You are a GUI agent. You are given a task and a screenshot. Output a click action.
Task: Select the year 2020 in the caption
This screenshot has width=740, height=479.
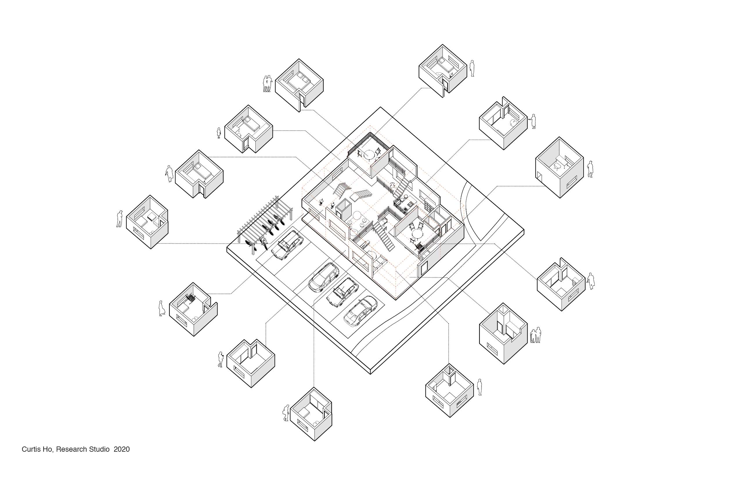coord(122,449)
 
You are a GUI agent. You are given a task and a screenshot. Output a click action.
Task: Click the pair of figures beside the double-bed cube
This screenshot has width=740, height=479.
coord(268,84)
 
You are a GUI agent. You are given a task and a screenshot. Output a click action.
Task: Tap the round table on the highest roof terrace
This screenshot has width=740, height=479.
coord(370,154)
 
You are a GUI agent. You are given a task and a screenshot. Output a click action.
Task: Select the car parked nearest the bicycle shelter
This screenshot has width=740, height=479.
coord(287,245)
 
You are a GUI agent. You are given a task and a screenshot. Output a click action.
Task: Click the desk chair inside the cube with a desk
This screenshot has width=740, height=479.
coord(557,166)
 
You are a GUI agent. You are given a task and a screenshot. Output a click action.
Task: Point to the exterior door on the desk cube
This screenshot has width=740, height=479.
coord(540,179)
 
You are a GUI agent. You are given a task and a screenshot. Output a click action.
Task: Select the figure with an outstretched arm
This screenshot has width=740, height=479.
coord(533,121)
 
